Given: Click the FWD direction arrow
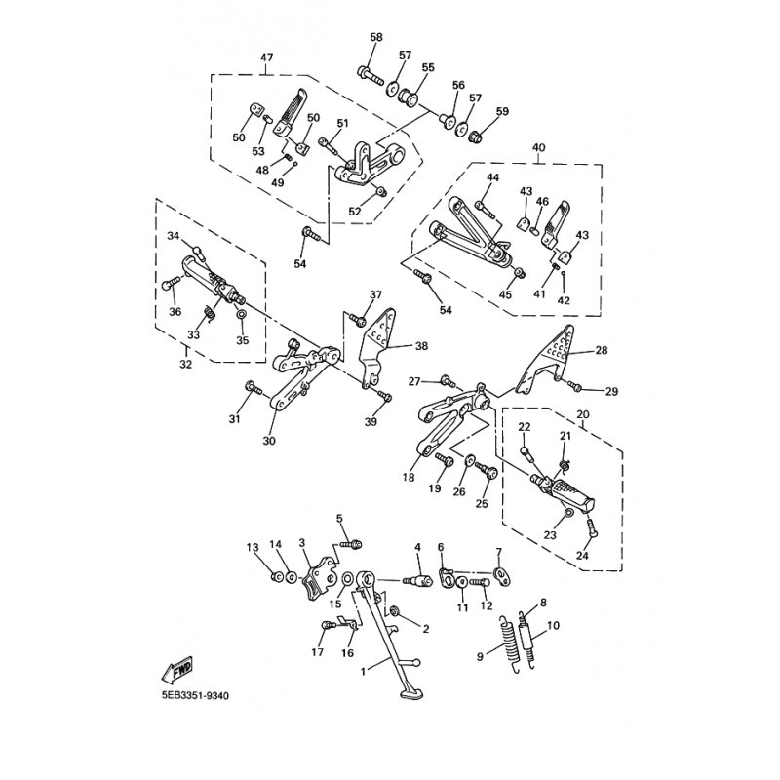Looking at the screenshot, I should pyautogui.click(x=178, y=672).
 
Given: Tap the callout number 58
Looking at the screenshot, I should pyautogui.click(x=376, y=37).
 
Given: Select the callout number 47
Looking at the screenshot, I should pyautogui.click(x=266, y=58).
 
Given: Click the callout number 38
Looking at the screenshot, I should pyautogui.click(x=421, y=345).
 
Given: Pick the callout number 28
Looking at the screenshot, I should pyautogui.click(x=601, y=350).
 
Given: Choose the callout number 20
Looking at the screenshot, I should pyautogui.click(x=583, y=414).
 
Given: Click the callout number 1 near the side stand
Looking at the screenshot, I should pyautogui.click(x=364, y=672).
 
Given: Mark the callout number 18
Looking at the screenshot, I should pyautogui.click(x=407, y=478).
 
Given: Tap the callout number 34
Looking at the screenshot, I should pyautogui.click(x=173, y=237).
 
